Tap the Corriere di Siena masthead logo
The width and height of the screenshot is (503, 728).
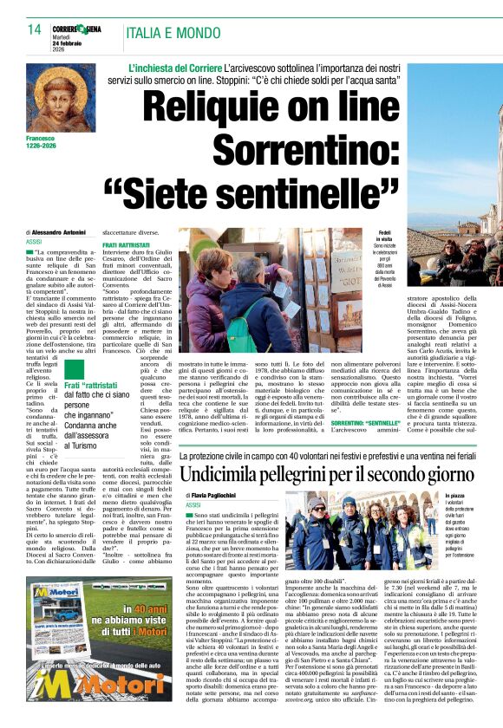point(75,28)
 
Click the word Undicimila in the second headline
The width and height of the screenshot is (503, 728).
point(234,474)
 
